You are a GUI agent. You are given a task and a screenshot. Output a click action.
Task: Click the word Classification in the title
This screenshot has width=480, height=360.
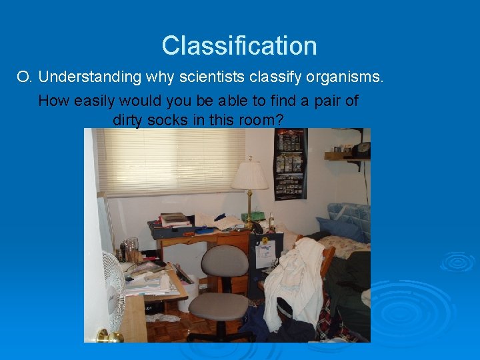(x=239, y=46)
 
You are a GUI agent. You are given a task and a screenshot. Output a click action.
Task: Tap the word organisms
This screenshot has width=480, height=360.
(x=345, y=77)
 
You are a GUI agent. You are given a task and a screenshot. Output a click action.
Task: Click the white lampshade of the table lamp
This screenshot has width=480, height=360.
(x=249, y=175)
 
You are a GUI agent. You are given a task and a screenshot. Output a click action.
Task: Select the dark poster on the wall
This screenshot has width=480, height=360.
(x=290, y=163)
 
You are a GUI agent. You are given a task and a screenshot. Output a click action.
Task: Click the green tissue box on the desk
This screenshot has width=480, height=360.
(x=253, y=217)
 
